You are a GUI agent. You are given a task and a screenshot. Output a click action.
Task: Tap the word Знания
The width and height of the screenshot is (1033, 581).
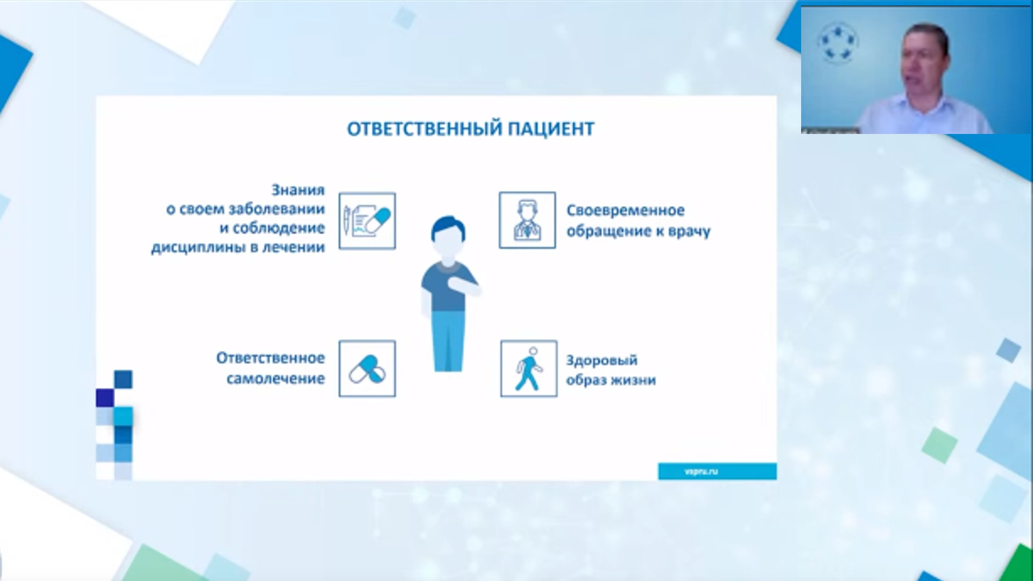click(x=298, y=190)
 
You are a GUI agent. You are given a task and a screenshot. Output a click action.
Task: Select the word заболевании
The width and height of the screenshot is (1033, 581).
click(x=277, y=209)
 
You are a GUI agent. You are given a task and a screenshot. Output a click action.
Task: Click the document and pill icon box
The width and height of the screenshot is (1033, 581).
click(x=367, y=221)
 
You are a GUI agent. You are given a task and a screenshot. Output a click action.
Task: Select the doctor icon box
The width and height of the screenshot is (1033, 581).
click(x=527, y=220)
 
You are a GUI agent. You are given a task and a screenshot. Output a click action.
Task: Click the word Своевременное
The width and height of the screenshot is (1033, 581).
click(x=625, y=210)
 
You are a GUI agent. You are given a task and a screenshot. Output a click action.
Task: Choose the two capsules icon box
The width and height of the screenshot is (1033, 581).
click(x=367, y=369)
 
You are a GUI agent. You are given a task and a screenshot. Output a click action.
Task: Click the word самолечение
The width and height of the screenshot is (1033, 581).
click(x=275, y=379)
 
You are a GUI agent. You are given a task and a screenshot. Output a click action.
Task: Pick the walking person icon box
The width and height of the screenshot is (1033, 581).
click(x=528, y=369)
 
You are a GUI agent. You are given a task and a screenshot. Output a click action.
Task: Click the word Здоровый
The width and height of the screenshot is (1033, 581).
click(x=602, y=360)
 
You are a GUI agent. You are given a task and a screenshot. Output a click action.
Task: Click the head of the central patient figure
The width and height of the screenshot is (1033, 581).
click(x=448, y=237)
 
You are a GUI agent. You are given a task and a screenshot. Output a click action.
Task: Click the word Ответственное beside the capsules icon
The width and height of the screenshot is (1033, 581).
click(x=270, y=358)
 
